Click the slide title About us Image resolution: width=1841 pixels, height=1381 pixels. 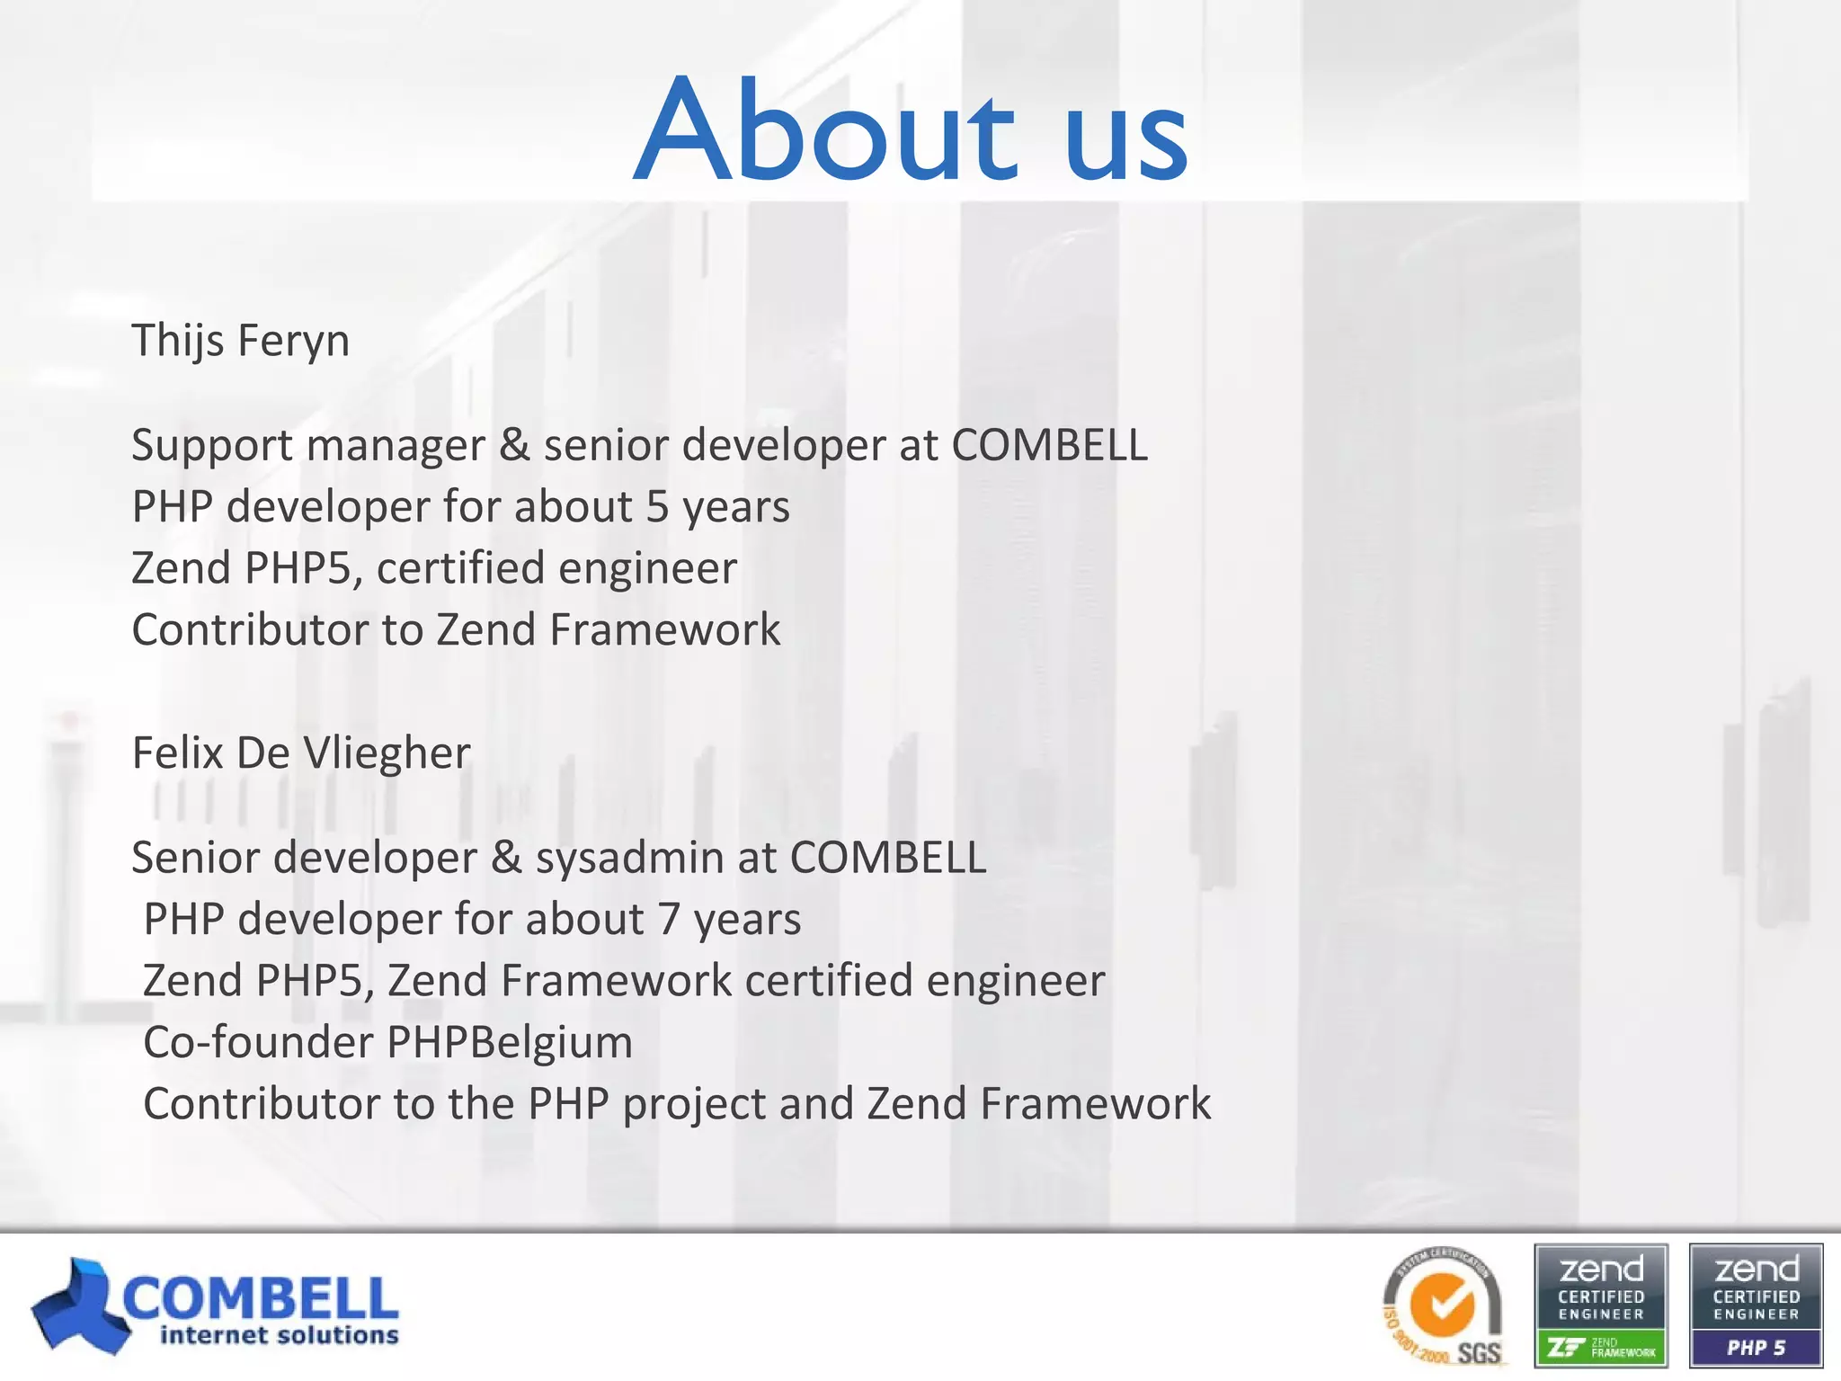tap(911, 130)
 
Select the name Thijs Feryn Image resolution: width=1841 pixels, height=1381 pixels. tap(240, 341)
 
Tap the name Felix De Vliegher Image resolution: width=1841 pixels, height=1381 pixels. tap(301, 753)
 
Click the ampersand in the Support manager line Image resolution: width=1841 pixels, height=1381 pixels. tap(514, 445)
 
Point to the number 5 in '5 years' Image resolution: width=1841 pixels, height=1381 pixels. tap(657, 506)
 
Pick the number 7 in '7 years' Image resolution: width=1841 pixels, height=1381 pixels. tap(668, 919)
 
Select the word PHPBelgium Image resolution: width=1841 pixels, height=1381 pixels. tap(509, 1042)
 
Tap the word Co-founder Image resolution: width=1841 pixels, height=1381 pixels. tap(258, 1042)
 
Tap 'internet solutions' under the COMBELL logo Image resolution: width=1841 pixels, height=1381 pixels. tap(279, 1335)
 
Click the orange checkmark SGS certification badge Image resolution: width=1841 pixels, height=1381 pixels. tap(1443, 1305)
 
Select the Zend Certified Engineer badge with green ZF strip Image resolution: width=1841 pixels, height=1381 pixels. tap(1601, 1305)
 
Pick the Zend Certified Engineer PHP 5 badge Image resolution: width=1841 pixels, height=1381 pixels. tap(1757, 1305)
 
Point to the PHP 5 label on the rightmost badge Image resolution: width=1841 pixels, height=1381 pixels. tap(1757, 1348)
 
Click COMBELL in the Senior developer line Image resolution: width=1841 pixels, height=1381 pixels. tap(888, 858)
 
